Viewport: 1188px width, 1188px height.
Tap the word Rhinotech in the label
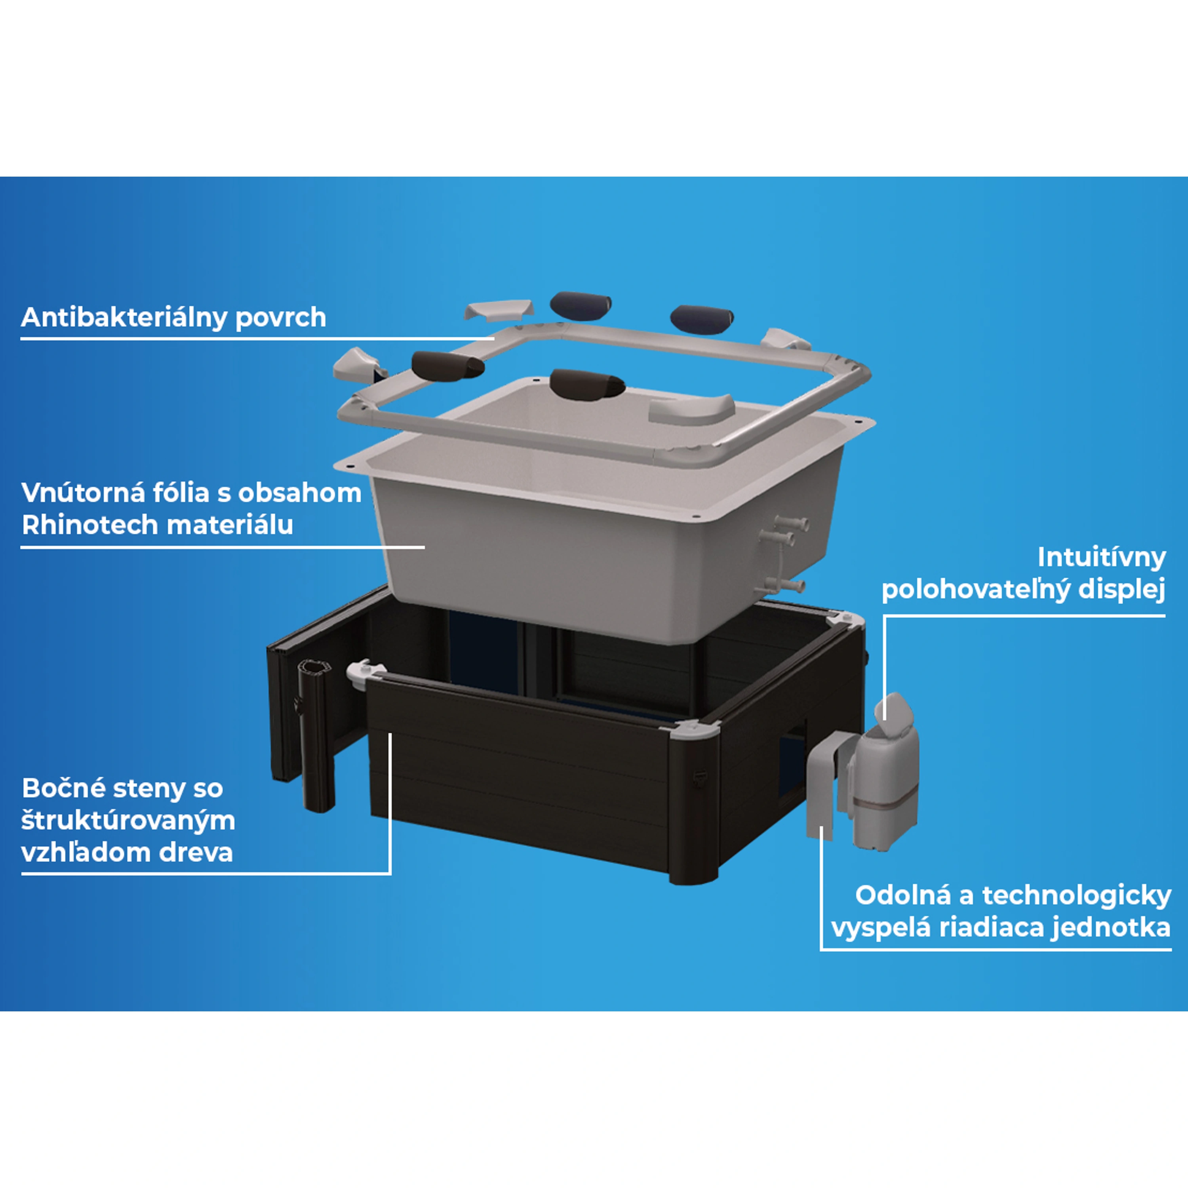coord(90,525)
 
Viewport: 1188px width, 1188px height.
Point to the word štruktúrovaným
coord(128,820)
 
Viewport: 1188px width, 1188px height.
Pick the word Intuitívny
coord(1101,558)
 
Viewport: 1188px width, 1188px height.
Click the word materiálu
coord(230,525)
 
